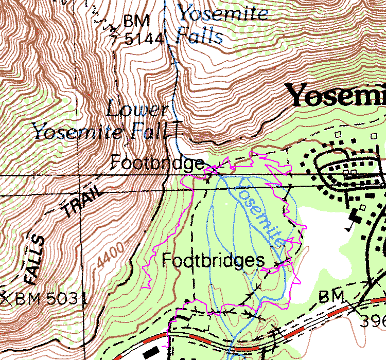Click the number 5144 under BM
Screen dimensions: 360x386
click(144, 39)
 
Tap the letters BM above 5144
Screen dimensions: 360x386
click(136, 22)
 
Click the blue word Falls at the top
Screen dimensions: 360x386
click(199, 35)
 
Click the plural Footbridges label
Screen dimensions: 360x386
click(213, 261)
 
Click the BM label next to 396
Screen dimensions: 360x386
click(330, 297)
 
